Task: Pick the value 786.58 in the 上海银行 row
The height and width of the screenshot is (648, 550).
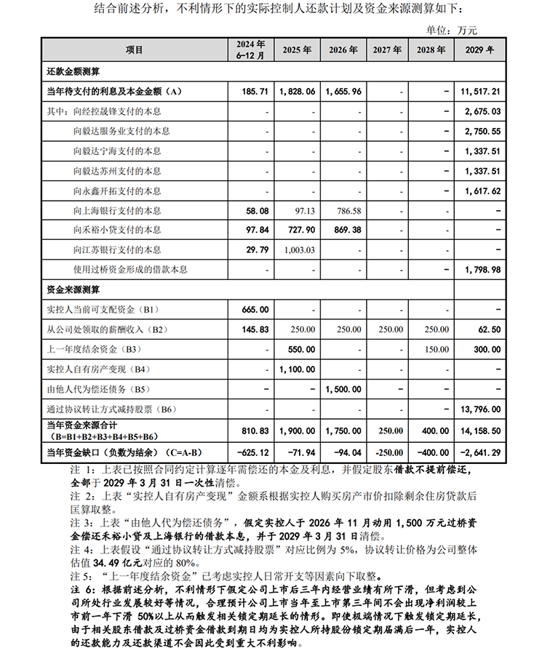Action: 346,210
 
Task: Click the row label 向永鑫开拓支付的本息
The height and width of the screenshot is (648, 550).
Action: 116,191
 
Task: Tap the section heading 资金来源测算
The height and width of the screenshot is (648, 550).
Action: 73,289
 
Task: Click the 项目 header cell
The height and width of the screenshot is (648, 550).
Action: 135,50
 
